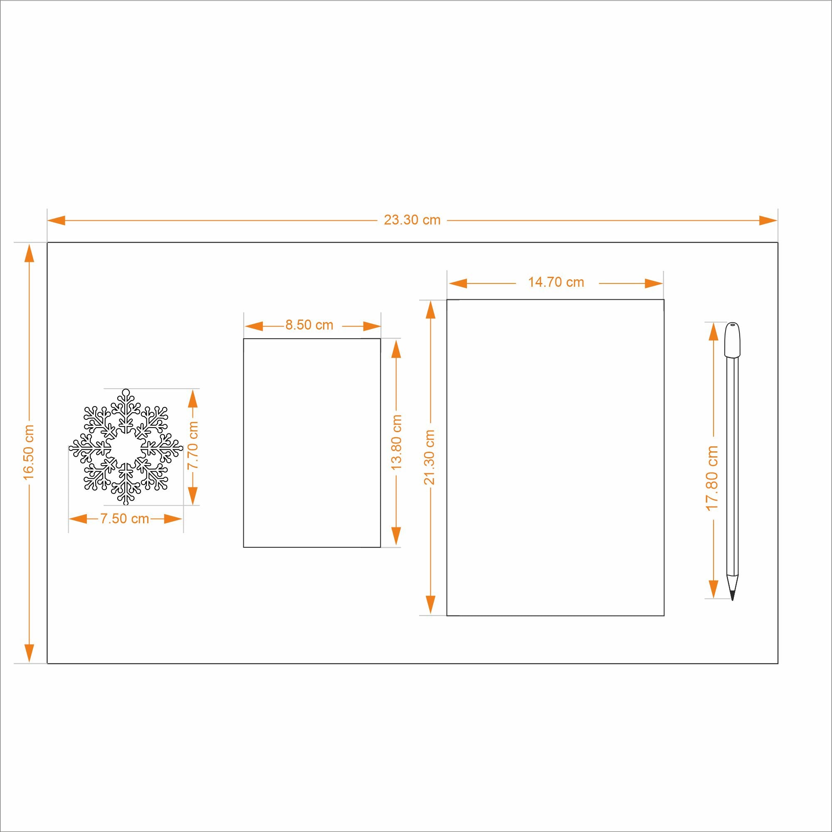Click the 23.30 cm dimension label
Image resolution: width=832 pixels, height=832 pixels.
(x=412, y=220)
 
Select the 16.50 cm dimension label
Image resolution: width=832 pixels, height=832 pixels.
(x=29, y=453)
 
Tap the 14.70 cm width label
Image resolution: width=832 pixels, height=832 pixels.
(x=556, y=283)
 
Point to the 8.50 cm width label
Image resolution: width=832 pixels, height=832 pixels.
(x=309, y=325)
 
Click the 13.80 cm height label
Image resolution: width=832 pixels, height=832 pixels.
(x=396, y=442)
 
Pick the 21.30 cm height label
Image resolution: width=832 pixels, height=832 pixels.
(x=430, y=457)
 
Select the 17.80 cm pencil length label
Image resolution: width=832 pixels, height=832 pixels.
(x=712, y=478)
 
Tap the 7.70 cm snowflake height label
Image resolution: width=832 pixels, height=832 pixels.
(x=193, y=445)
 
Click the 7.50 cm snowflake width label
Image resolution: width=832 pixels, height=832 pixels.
(x=125, y=519)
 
